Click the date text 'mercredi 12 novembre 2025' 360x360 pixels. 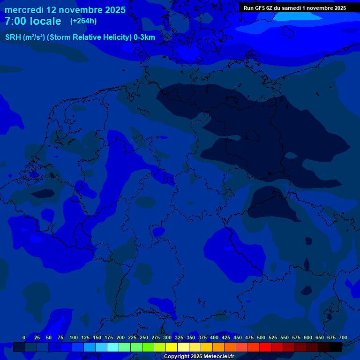pos(65,10)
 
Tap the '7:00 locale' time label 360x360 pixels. pos(33,21)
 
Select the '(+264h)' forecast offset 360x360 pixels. pos(83,21)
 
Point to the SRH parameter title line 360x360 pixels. pos(80,37)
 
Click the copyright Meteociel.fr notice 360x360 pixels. pos(199,356)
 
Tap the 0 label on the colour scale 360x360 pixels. pos(24,337)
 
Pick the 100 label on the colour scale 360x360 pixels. pos(74,337)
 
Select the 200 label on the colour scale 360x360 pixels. pos(120,337)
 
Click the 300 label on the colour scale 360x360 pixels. pos(167,337)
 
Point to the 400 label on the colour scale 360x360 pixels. pos(214,337)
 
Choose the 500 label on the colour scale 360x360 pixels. pos(261,337)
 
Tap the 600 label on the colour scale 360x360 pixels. pos(308,337)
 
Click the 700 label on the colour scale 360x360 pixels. pos(343,337)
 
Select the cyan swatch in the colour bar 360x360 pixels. pos(113,347)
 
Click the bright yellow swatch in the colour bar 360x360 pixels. pos(172,347)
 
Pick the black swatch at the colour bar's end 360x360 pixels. pos(336,347)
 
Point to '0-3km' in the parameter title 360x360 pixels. pos(144,37)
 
